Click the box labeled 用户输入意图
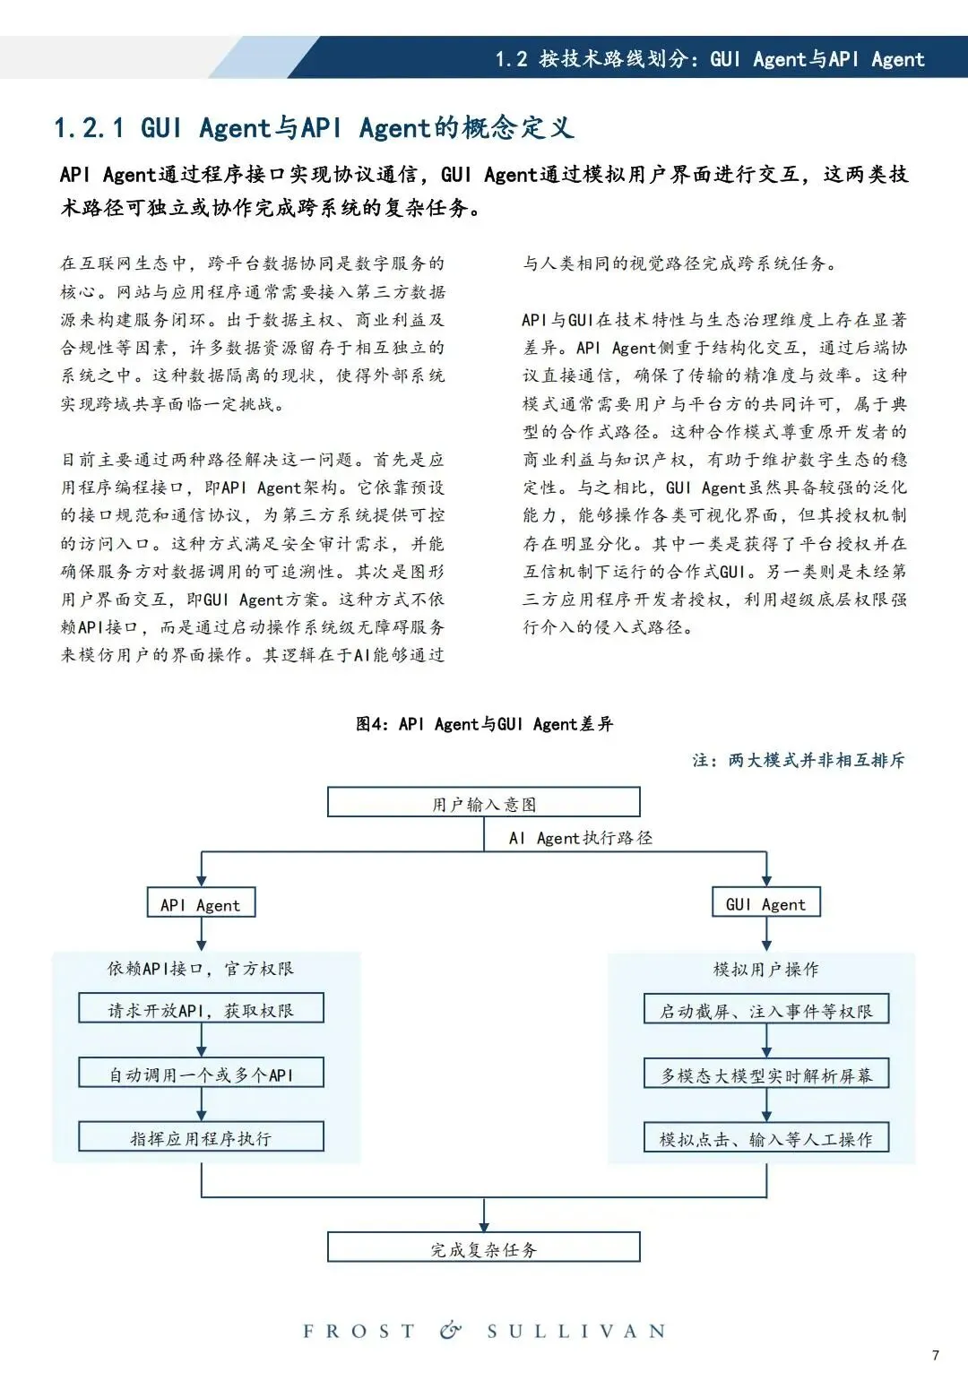pyautogui.click(x=484, y=803)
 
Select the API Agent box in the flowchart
pyautogui.click(x=201, y=903)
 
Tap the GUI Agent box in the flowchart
pyautogui.click(x=766, y=903)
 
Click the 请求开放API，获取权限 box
pyautogui.click(x=201, y=1009)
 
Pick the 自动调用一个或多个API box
pyautogui.click(x=201, y=1073)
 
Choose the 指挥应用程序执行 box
pyautogui.click(x=201, y=1137)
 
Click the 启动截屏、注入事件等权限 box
pyautogui.click(x=766, y=1010)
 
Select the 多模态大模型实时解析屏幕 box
pyautogui.click(x=766, y=1074)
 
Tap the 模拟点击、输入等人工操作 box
pyautogui.click(x=766, y=1138)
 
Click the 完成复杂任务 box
pyautogui.click(x=484, y=1247)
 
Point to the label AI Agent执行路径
pyautogui.click(x=580, y=838)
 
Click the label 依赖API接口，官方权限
pyautogui.click(x=201, y=969)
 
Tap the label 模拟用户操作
pyautogui.click(x=766, y=969)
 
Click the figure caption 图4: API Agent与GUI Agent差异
pyautogui.click(x=484, y=724)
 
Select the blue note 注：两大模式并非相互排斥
pyautogui.click(x=799, y=760)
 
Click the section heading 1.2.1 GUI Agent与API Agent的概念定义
pyautogui.click(x=314, y=127)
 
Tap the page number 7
pyautogui.click(x=936, y=1355)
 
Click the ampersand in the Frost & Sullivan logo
pyautogui.click(x=451, y=1330)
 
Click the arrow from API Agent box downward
pyautogui.click(x=201, y=934)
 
